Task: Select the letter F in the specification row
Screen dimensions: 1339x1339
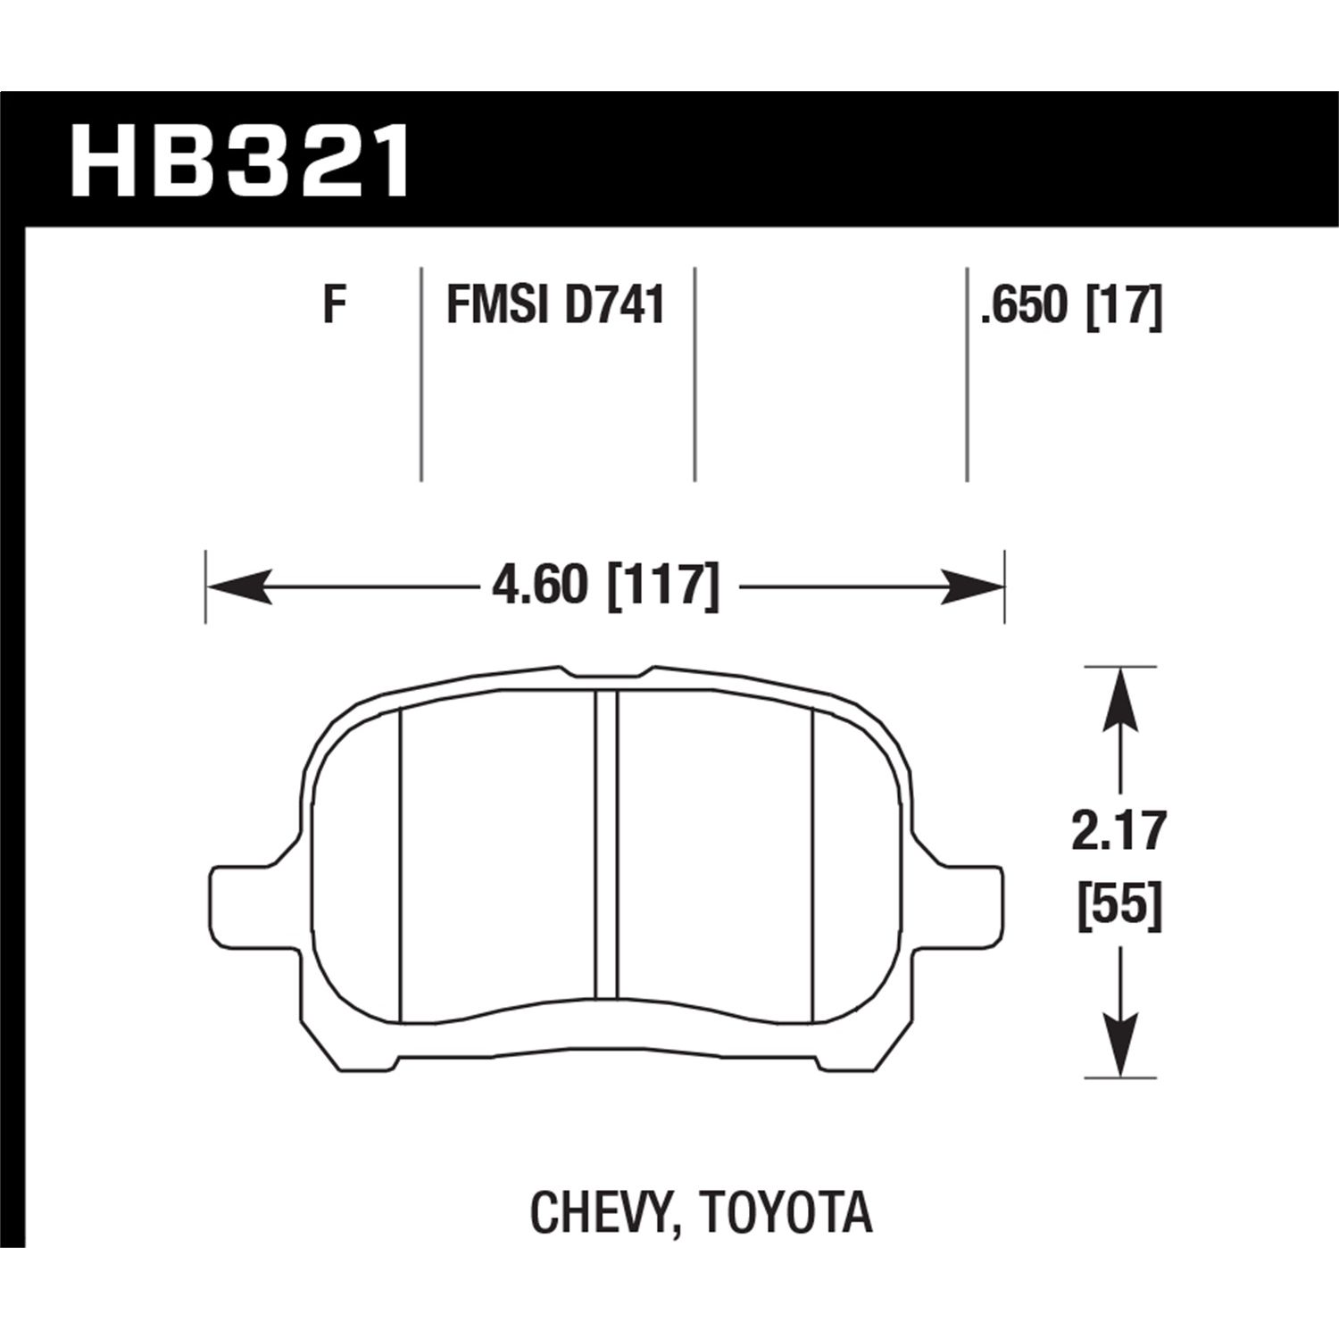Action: pos(334,305)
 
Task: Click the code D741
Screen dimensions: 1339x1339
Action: pos(615,305)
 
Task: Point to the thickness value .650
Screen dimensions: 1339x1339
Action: pos(1024,307)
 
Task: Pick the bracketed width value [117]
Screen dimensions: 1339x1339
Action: pos(662,586)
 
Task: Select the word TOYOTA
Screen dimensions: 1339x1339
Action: pos(786,1213)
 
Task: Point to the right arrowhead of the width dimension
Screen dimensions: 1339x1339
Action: pos(975,587)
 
